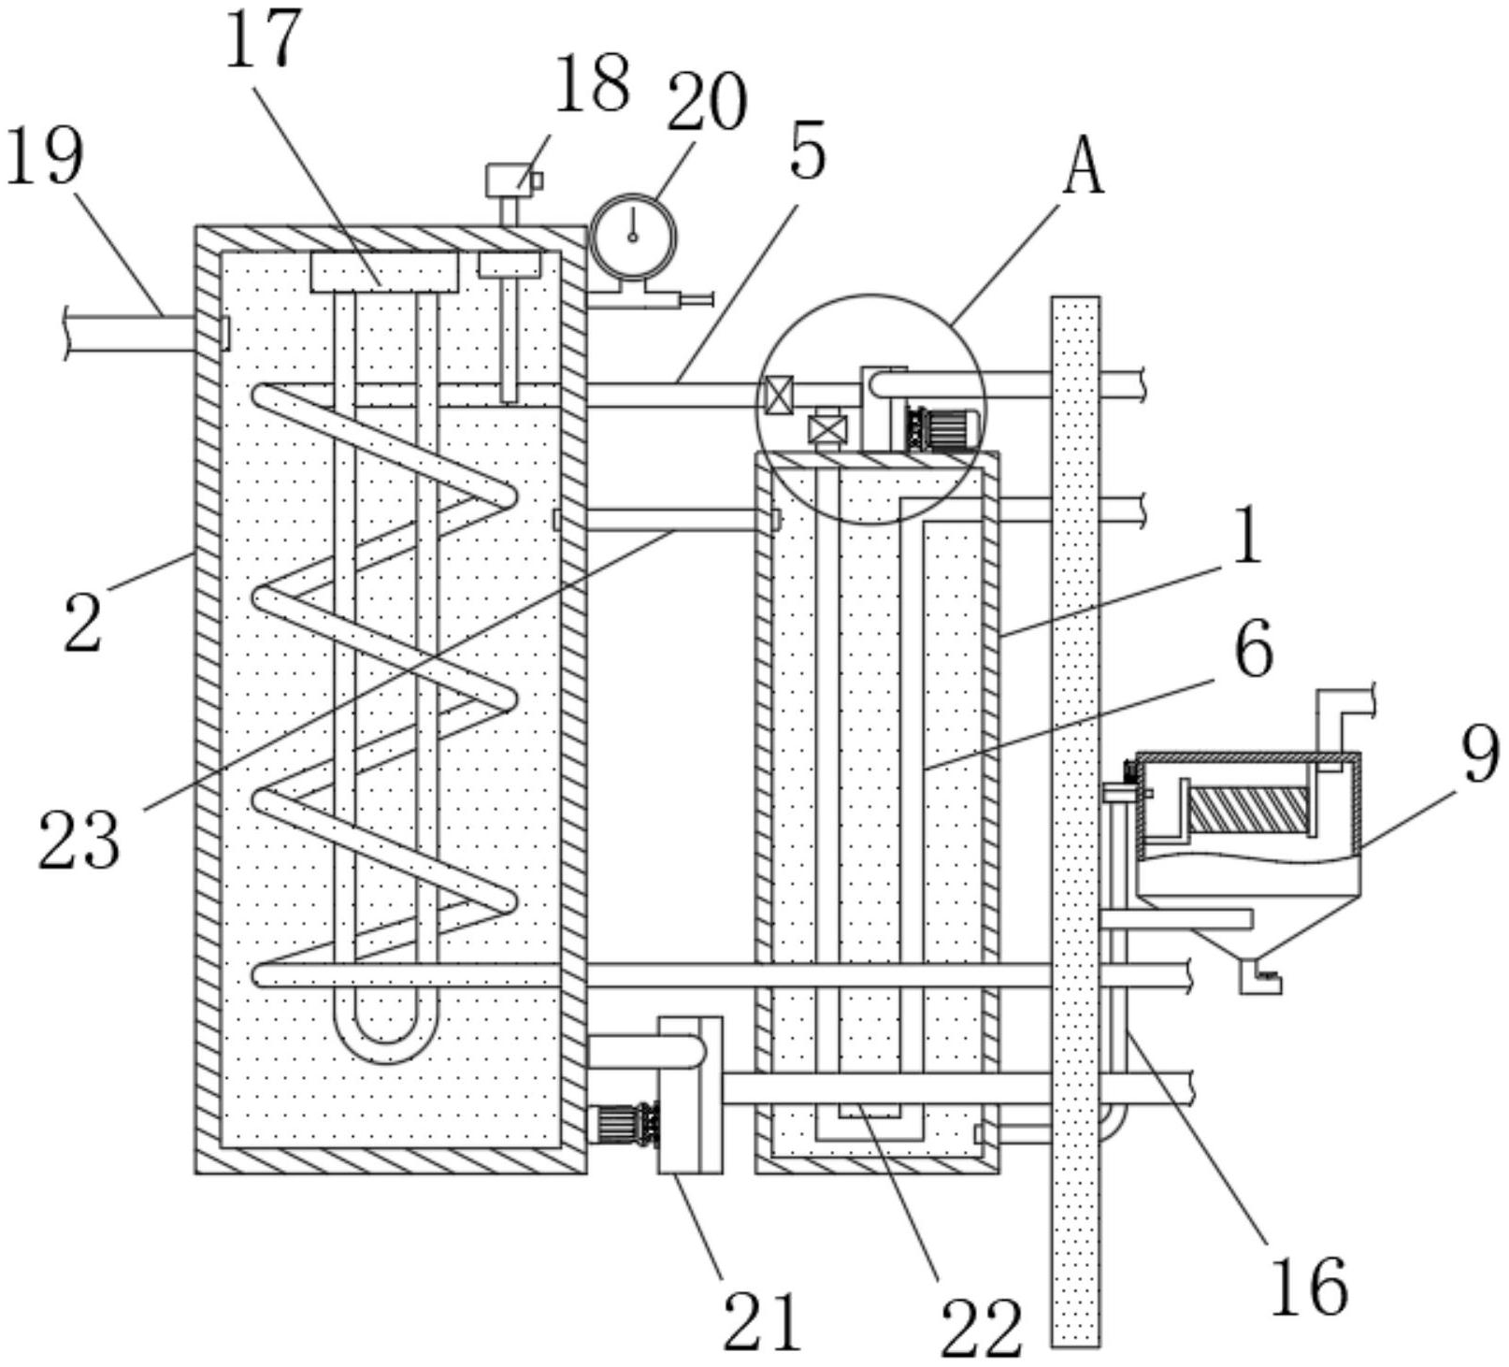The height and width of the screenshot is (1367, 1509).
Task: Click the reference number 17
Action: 265,37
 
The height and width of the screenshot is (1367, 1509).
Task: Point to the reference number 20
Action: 707,102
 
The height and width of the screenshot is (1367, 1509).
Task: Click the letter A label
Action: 1085,166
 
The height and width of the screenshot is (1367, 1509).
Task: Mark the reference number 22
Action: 981,1328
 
